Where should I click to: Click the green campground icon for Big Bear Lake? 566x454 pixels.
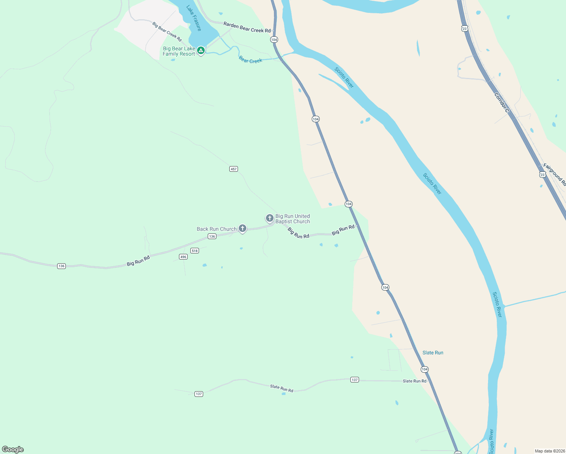pos(201,50)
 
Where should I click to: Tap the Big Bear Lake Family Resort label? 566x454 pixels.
pos(179,51)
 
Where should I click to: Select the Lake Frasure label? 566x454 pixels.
pos(194,18)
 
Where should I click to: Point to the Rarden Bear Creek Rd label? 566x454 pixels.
pos(247,27)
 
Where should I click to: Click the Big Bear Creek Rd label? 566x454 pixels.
pos(167,31)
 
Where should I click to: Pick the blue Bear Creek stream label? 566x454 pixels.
pos(250,60)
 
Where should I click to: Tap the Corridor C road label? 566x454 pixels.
pos(502,103)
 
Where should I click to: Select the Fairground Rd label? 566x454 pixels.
pos(554,174)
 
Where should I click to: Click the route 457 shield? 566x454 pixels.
pos(233,169)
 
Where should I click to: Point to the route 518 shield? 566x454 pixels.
pos(194,251)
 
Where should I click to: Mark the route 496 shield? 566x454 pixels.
pos(183,257)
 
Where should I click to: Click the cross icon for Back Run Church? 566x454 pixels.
pos(243,229)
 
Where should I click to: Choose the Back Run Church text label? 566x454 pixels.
pos(216,229)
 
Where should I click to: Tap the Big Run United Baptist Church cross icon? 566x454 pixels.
pos(269,218)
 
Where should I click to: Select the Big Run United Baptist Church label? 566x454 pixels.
pos(292,219)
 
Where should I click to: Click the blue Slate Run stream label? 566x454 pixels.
pos(433,353)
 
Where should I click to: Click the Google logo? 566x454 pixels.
pos(13,449)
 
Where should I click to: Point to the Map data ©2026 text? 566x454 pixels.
pos(549,451)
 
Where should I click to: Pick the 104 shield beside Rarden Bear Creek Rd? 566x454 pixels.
pos(274,40)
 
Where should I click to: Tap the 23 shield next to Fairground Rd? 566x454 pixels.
pos(543,174)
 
